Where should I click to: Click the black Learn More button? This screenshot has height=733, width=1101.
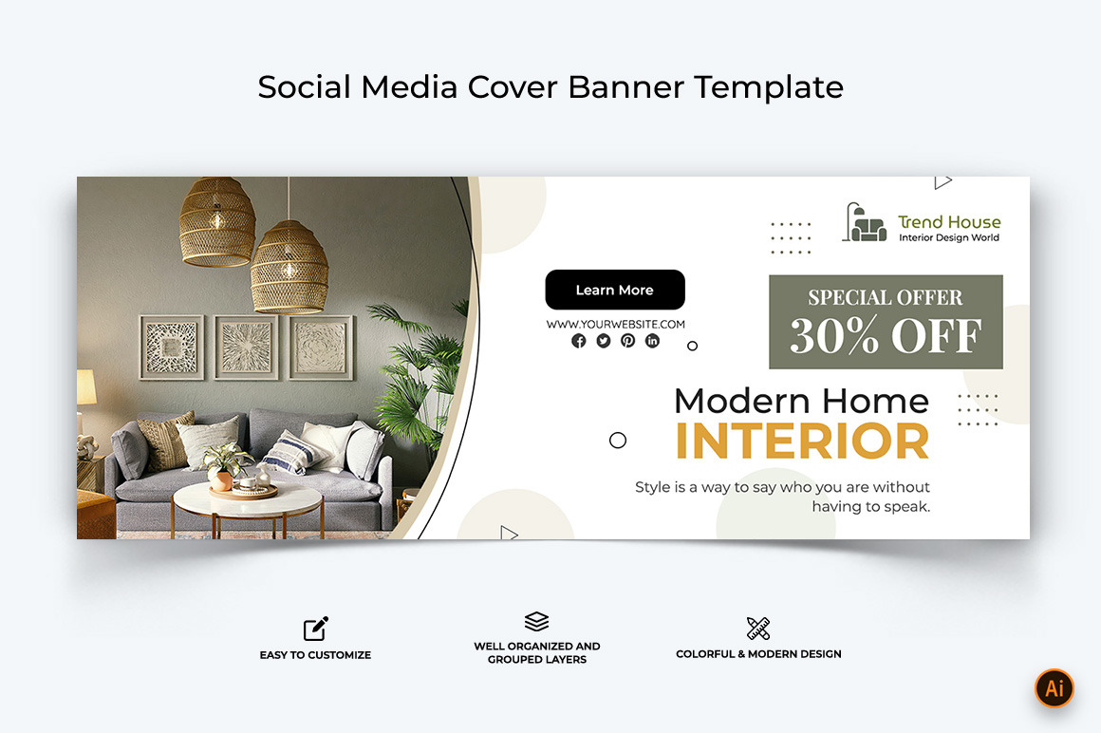click(614, 290)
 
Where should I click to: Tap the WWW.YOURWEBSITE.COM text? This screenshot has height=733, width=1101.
click(615, 324)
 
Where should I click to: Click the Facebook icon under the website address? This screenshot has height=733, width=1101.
click(579, 341)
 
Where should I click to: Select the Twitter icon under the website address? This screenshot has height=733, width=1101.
click(604, 341)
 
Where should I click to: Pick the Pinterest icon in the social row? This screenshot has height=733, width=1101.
click(627, 341)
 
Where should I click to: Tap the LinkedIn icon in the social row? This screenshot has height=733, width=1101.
click(652, 341)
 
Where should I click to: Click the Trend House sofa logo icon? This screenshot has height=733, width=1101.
click(865, 223)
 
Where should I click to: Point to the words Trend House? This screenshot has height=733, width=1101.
click(949, 222)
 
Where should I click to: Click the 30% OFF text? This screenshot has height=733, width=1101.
click(886, 336)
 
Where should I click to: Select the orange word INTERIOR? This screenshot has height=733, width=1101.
click(802, 442)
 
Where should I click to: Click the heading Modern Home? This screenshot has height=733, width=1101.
click(801, 400)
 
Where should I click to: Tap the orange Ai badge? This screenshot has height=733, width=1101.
click(1054, 688)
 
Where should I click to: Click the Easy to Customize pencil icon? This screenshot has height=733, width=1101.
click(315, 629)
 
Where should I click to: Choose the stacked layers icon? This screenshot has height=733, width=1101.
click(536, 622)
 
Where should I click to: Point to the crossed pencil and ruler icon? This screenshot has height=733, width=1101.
click(758, 628)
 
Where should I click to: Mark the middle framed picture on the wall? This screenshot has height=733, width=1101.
click(246, 348)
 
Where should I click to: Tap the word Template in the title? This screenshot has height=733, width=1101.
click(768, 87)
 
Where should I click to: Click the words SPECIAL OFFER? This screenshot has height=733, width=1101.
click(886, 297)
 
